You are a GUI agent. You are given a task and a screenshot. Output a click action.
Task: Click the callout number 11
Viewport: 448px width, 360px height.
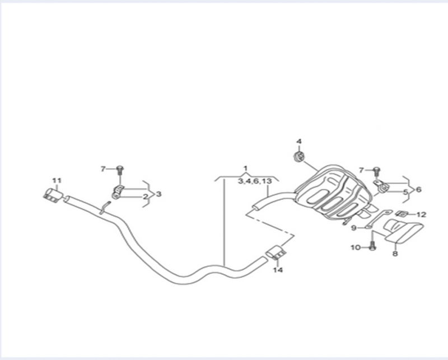point(57,181)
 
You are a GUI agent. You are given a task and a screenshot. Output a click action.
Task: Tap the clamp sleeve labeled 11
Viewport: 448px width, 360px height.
point(53,195)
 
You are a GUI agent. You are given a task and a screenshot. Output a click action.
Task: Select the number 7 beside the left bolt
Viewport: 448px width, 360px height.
point(103,169)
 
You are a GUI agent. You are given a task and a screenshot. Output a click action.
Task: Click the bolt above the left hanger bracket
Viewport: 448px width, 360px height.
point(120,170)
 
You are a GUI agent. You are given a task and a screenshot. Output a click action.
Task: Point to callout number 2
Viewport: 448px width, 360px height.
point(146,197)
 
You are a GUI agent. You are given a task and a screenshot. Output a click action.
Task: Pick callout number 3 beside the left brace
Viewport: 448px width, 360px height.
point(158,194)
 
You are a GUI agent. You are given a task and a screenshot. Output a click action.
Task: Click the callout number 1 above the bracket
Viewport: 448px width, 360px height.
point(245,169)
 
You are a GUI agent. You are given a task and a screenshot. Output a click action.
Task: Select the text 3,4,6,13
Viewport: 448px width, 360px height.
point(255,181)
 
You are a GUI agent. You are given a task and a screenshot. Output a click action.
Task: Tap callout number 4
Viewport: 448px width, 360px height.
point(299,142)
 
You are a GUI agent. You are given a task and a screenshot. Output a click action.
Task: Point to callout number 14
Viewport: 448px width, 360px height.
point(278,270)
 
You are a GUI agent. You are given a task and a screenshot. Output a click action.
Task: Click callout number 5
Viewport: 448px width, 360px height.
point(405,192)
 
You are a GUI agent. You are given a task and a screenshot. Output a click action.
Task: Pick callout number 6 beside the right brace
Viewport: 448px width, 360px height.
point(418,189)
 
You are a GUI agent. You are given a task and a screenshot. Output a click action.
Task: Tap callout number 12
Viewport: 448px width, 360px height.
point(421,214)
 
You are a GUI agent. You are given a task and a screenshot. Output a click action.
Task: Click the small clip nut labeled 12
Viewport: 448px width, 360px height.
point(402,214)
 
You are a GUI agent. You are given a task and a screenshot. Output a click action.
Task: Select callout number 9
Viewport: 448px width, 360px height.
point(354,228)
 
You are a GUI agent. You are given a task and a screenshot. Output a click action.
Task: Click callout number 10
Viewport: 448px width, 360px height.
point(356,247)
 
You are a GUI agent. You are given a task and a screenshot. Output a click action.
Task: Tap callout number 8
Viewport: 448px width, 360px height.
point(395,254)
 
